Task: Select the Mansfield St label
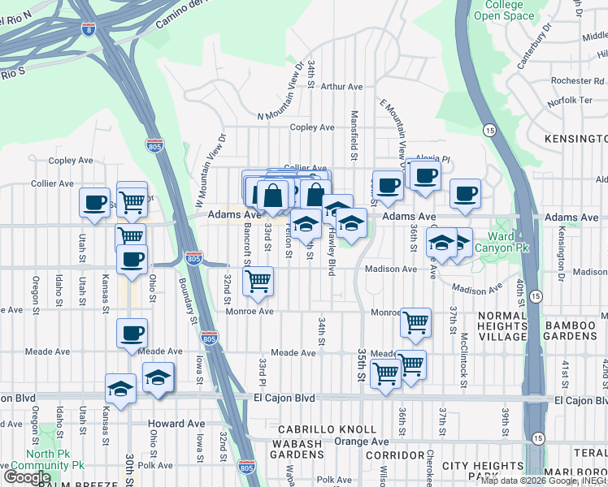[354, 134]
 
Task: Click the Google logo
[27, 476]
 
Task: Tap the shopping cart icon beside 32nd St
[258, 282]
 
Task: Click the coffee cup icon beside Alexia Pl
[424, 175]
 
